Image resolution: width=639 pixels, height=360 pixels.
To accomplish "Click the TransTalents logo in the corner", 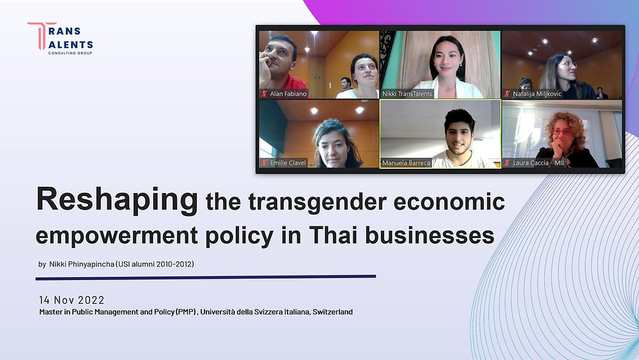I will coord(60,38).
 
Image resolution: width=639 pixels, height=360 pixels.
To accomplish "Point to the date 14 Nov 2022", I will coord(72,300).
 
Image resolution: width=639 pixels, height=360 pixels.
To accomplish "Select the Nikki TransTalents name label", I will coord(407,94).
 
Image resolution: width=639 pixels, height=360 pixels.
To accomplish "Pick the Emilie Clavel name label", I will coord(288,163).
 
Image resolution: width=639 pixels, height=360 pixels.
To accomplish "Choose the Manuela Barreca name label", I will coord(407,163).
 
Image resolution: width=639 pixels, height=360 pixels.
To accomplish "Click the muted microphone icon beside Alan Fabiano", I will coord(263,94).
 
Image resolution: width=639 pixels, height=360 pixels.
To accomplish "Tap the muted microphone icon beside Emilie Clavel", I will coord(263,163).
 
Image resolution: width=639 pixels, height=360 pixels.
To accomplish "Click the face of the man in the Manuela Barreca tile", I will coord(459,127).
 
